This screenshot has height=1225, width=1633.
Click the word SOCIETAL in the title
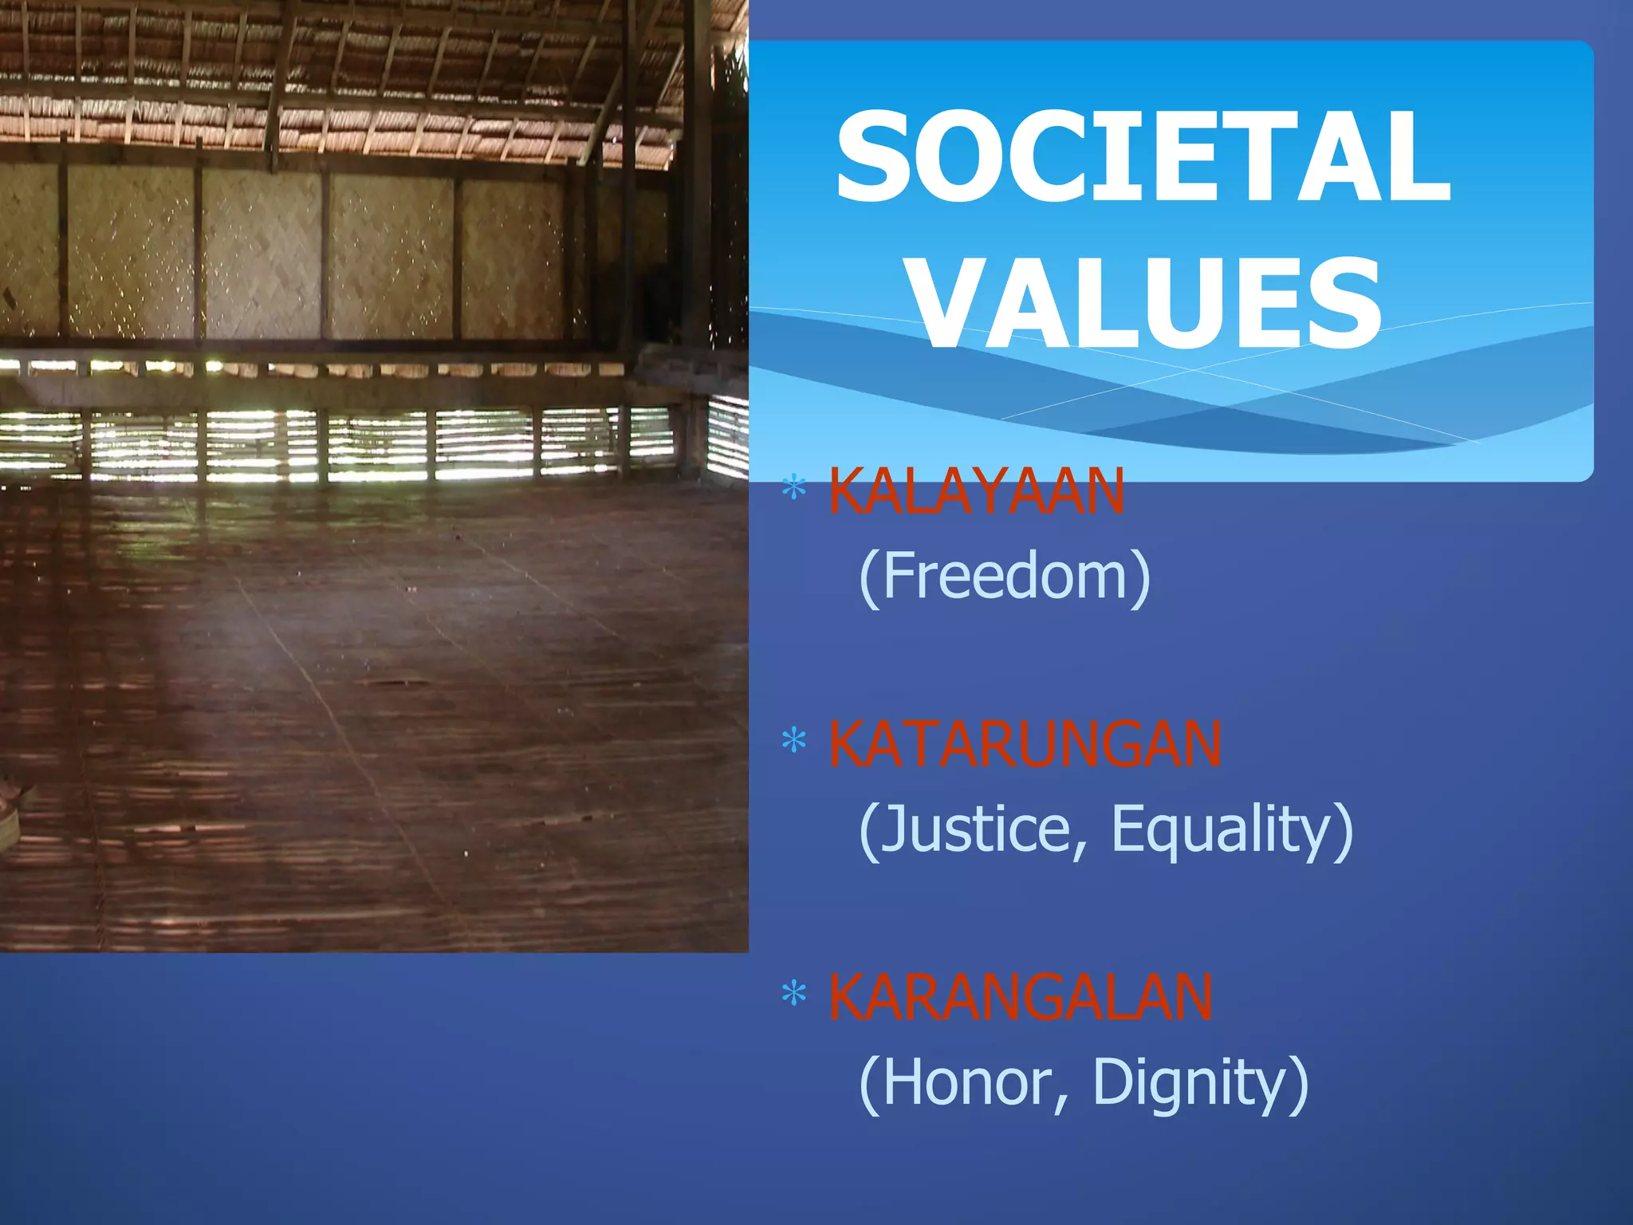click(x=1142, y=157)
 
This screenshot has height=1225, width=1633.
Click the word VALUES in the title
click(x=1147, y=304)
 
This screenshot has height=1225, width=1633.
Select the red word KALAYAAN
click(x=976, y=491)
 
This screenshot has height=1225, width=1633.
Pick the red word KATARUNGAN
click(x=1025, y=744)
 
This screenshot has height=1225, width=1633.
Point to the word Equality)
click(x=1232, y=829)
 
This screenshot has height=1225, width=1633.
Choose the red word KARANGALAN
click(x=1021, y=997)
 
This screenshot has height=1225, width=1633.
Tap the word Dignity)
click(x=1200, y=1082)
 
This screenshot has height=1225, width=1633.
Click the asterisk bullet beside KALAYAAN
click(x=793, y=488)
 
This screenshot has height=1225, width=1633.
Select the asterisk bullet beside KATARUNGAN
click(x=793, y=742)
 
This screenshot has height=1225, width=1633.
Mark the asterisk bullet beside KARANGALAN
click(x=793, y=995)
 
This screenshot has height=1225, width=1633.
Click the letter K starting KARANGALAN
click(x=847, y=997)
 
